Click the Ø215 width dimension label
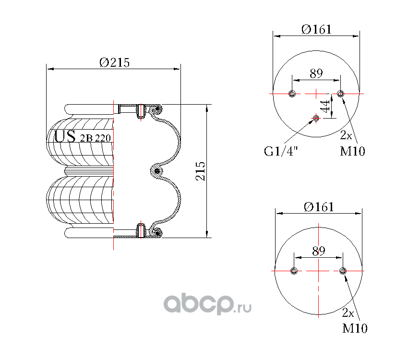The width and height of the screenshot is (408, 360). tap(115, 63)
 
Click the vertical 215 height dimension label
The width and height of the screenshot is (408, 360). tap(200, 171)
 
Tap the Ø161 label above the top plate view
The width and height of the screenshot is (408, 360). tap(316, 29)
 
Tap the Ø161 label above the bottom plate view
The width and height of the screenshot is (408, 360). tap(319, 207)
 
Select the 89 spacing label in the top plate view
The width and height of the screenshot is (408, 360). tap(316, 73)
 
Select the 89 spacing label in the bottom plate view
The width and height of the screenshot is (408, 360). tap(319, 251)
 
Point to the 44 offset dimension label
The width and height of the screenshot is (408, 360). tap(325, 107)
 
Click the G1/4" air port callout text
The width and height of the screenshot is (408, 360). tap(281, 151)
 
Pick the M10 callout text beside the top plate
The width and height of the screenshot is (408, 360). tap(352, 151)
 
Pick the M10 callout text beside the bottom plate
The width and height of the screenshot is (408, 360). tap(355, 328)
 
